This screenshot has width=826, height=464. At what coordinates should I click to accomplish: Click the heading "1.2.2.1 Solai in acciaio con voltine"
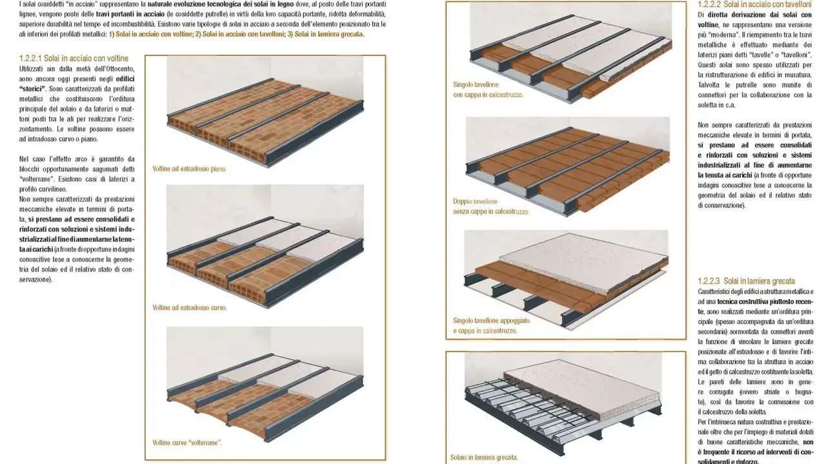coord(74,58)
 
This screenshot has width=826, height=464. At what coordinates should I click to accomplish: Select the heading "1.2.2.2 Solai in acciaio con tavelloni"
coord(754,5)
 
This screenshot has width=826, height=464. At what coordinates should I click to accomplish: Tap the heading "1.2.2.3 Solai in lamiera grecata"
coord(746,281)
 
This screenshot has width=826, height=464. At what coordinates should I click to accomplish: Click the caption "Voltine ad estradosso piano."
coord(190,169)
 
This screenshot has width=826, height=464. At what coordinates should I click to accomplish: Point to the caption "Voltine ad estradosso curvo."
coord(190,307)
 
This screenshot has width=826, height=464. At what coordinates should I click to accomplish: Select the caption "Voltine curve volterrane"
coord(187,443)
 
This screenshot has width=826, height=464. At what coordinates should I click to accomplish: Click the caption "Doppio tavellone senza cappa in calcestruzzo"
coord(491,207)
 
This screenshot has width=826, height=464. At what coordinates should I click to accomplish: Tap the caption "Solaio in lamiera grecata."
coord(484,458)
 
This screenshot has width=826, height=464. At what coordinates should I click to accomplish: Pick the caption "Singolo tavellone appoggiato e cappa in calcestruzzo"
coord(491,325)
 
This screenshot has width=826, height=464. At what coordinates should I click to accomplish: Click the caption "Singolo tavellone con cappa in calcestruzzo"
coord(489,90)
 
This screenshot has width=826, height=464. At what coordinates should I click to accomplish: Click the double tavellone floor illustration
coord(568,166)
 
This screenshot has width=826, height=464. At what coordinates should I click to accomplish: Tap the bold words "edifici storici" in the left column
coord(77,84)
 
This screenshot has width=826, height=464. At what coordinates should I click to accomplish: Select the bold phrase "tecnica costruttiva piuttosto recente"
coord(756,306)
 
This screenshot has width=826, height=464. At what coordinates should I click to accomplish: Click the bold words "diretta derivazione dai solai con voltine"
coord(755,20)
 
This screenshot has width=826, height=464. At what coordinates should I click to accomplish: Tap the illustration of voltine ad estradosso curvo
coord(265,246)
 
